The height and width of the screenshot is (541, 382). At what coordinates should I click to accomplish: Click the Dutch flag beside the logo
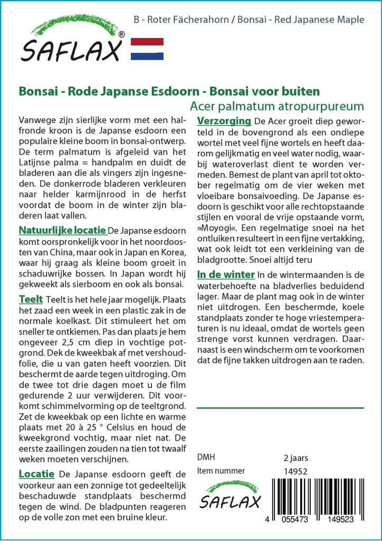[x=147, y=49]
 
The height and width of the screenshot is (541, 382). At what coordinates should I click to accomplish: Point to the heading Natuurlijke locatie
[x=62, y=231]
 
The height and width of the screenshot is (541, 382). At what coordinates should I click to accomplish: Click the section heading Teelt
[x=31, y=300]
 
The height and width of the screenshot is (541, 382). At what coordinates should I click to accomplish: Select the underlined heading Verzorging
[x=223, y=122]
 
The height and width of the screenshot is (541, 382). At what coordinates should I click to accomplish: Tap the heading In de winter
[x=226, y=275]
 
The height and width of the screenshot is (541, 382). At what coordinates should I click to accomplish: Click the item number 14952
[x=295, y=471]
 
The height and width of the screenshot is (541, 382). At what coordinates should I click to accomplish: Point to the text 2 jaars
[x=295, y=458]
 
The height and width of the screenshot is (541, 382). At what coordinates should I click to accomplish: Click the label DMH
[x=206, y=458]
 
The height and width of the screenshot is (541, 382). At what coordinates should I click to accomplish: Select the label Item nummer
[x=221, y=471]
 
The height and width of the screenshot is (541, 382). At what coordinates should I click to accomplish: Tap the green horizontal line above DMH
[x=280, y=408]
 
